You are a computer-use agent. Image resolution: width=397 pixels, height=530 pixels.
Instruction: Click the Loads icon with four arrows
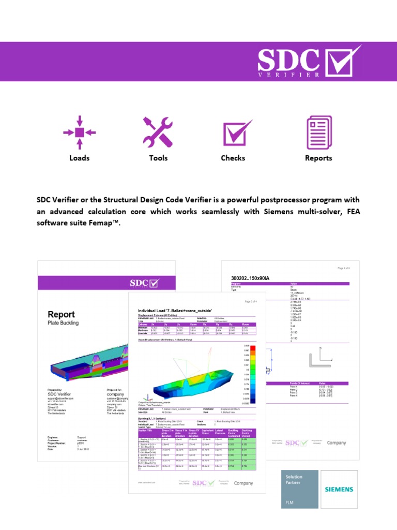click(x=79, y=132)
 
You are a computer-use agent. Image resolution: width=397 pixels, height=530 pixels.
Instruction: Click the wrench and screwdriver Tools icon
click(x=158, y=132)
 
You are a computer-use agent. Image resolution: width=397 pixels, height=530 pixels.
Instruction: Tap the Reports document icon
click(x=318, y=132)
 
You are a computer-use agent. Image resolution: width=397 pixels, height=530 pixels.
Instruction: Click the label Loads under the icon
click(x=79, y=158)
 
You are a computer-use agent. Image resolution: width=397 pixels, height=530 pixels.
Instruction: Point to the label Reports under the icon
click(x=318, y=158)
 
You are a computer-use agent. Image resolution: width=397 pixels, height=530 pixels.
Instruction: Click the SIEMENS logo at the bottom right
click(x=339, y=489)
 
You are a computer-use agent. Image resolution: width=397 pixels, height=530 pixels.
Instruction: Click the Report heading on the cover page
click(x=62, y=314)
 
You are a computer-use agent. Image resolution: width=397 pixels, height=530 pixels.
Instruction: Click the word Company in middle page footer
click(x=243, y=483)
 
